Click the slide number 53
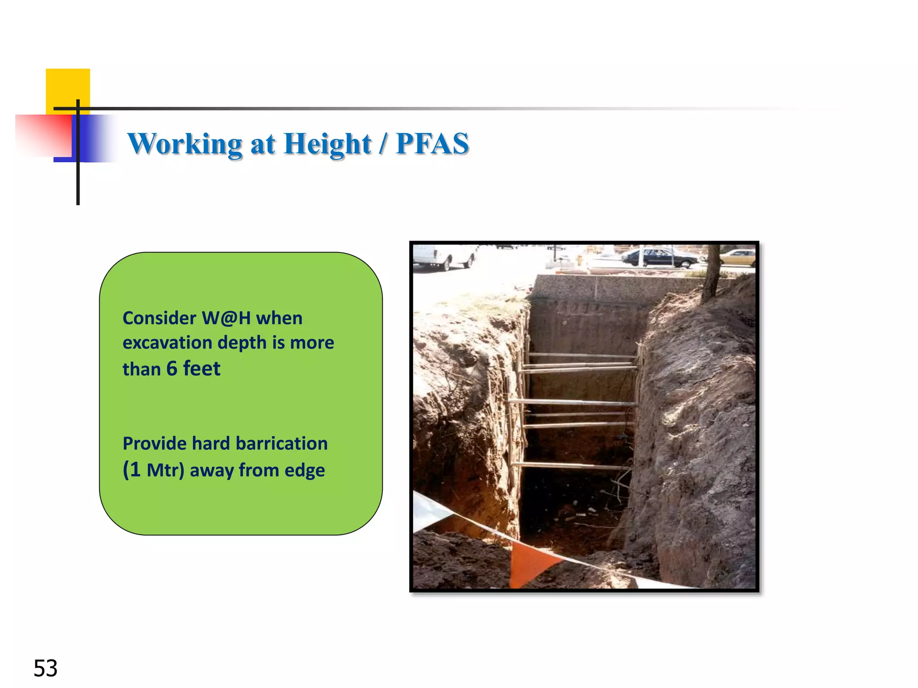[x=45, y=668]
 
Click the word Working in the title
[x=185, y=144]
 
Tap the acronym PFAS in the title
[x=432, y=144]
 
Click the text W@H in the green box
[x=226, y=318]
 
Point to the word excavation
[x=167, y=343]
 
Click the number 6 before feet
[x=172, y=369]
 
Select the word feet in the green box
[x=202, y=369]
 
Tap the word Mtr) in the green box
[x=165, y=471]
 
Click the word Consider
[x=159, y=318]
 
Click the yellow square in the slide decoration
[x=68, y=87]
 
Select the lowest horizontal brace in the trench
[x=569, y=466]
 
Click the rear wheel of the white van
[x=446, y=265]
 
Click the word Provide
[x=154, y=444]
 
